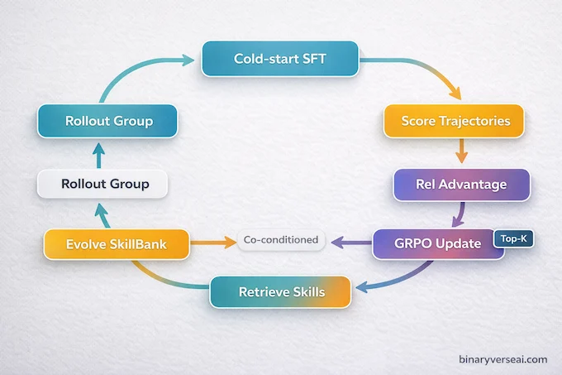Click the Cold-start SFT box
click(280, 60)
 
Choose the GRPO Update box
click(438, 245)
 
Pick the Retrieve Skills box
click(282, 292)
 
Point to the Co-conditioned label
click(281, 240)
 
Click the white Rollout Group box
click(103, 183)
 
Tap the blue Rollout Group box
click(109, 121)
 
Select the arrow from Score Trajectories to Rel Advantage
click(461, 151)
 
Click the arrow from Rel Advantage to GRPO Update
click(456, 214)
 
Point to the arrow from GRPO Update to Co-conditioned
click(350, 243)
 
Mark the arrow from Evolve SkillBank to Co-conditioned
click(215, 243)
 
